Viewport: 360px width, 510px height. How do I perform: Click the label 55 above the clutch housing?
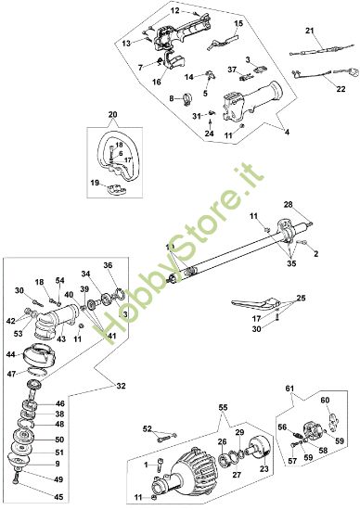pos(222,407)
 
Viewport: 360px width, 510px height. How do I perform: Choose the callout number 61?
pos(289,387)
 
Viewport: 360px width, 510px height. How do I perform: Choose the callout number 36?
pos(108,265)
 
